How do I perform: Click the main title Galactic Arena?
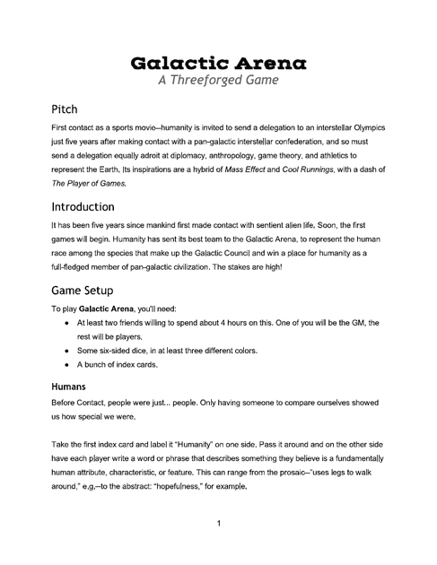click(219, 62)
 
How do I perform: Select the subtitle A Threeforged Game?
click(219, 80)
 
